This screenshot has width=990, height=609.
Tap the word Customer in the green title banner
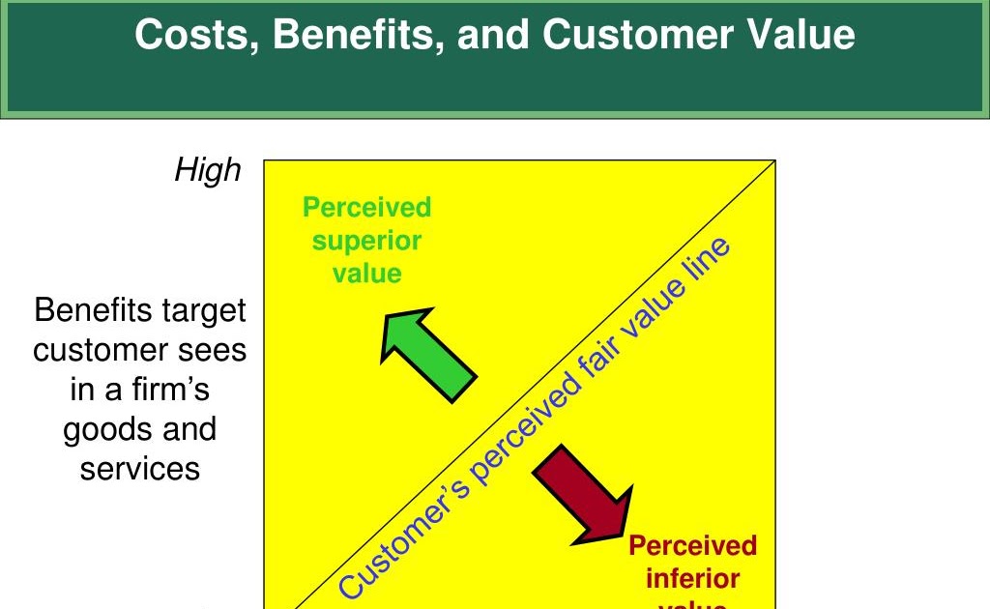[637, 36]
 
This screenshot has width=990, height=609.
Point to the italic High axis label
[207, 171]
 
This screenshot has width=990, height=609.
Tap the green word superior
[366, 241]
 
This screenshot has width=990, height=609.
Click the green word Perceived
[366, 208]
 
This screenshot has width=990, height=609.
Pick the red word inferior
[692, 579]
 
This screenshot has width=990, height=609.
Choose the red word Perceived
[692, 546]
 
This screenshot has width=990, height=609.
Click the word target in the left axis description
[201, 311]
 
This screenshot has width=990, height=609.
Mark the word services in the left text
[140, 469]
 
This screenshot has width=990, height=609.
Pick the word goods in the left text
[106, 429]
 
